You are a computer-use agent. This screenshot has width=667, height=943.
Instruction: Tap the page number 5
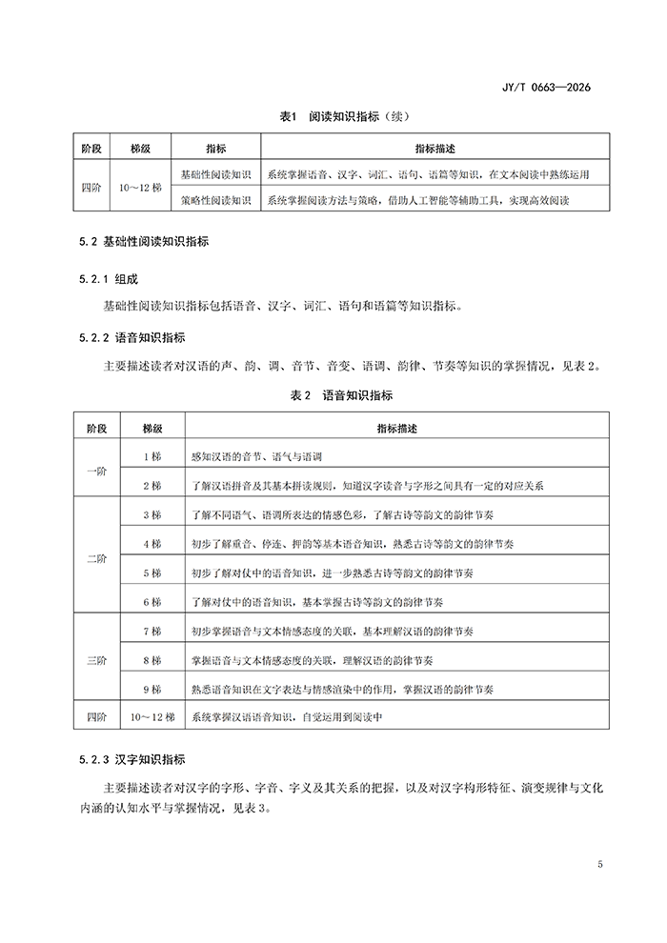coord(599,865)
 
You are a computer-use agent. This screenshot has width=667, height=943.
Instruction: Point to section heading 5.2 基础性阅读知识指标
coord(144,242)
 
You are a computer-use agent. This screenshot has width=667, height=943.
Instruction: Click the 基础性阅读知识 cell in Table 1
coord(215,174)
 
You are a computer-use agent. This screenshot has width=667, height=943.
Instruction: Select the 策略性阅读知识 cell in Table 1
coord(215,200)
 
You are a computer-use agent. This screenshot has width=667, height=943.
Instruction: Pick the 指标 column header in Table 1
coord(215,149)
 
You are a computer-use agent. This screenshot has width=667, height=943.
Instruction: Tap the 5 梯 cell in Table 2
coord(152,573)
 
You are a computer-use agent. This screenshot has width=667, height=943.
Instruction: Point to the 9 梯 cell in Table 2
coord(152,688)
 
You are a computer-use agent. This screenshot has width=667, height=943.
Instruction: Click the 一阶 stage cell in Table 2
coord(96,471)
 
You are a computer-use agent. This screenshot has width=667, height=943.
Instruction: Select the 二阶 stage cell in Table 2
coord(96,559)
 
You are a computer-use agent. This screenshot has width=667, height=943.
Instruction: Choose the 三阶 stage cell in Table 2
coord(96,659)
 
